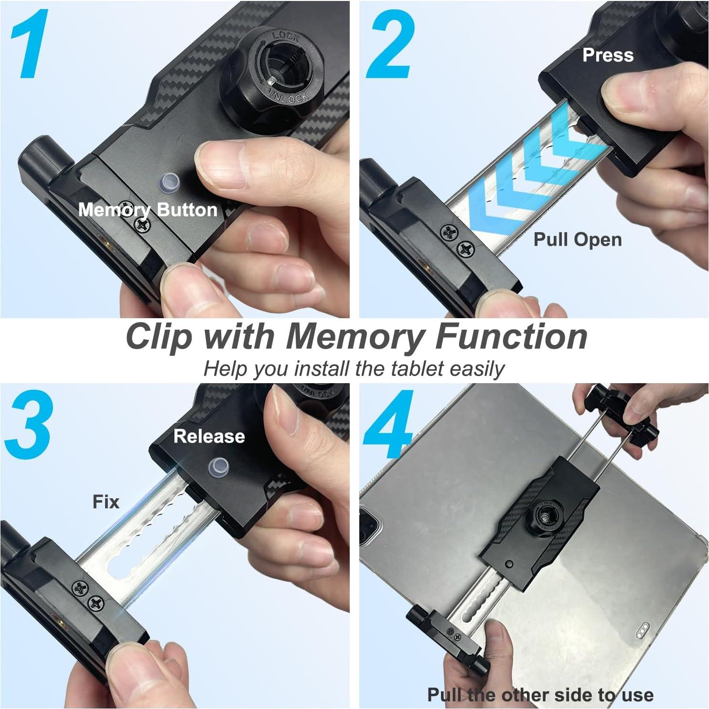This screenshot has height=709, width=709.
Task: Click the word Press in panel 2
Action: click(608, 55)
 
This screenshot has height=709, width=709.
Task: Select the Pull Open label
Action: click(577, 239)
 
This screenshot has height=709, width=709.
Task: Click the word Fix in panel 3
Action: click(106, 502)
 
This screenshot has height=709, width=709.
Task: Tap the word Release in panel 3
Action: click(209, 436)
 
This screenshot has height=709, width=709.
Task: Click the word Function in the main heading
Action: click(511, 337)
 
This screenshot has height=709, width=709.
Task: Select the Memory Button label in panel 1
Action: click(148, 210)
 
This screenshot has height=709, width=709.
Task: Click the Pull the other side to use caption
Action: click(540, 694)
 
